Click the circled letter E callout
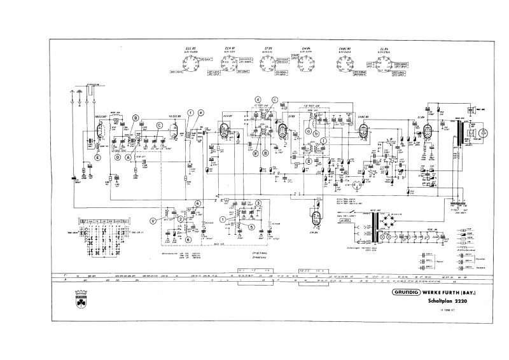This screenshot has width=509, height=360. [98, 156]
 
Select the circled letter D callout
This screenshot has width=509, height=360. [117, 156]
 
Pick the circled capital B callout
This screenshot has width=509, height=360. [135, 118]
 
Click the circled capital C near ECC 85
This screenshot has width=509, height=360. [160, 125]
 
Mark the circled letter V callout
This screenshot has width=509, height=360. [153, 220]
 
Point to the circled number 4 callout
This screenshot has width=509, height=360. [198, 203]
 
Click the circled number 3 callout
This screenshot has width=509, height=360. [258, 203]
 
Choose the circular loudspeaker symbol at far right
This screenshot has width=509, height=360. [482, 133]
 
